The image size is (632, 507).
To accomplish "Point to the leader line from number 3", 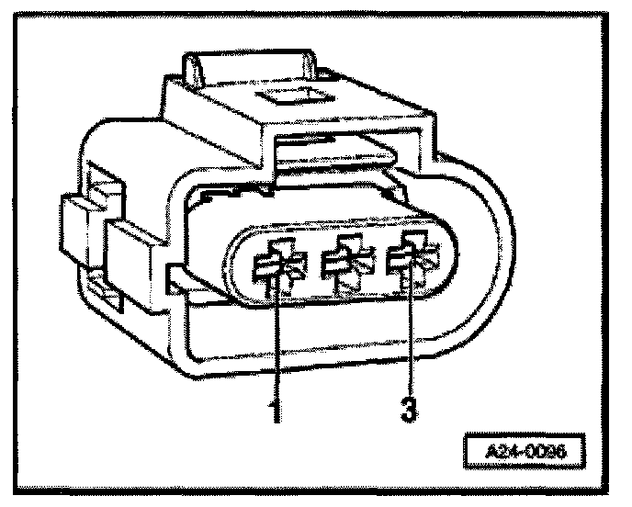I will tap(410, 340).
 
